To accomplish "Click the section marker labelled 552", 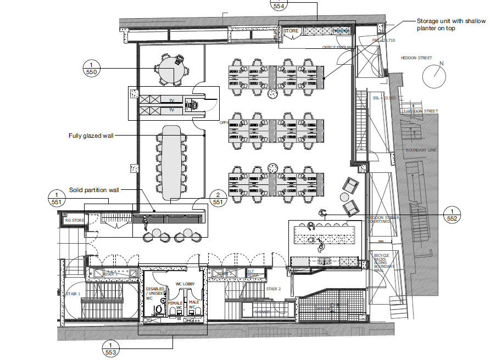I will click(x=452, y=214).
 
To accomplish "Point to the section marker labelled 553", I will click(x=110, y=348).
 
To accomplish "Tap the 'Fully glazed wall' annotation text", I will click(x=91, y=136).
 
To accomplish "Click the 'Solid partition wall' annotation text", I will click(x=94, y=190).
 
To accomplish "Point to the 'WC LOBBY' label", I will click(x=185, y=284).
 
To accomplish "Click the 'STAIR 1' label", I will click(x=73, y=294).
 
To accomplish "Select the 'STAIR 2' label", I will click(x=274, y=288).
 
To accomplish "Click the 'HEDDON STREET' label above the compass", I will click(x=416, y=58).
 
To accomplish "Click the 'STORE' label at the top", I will click(x=291, y=31).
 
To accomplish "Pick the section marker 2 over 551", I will click(x=218, y=198).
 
